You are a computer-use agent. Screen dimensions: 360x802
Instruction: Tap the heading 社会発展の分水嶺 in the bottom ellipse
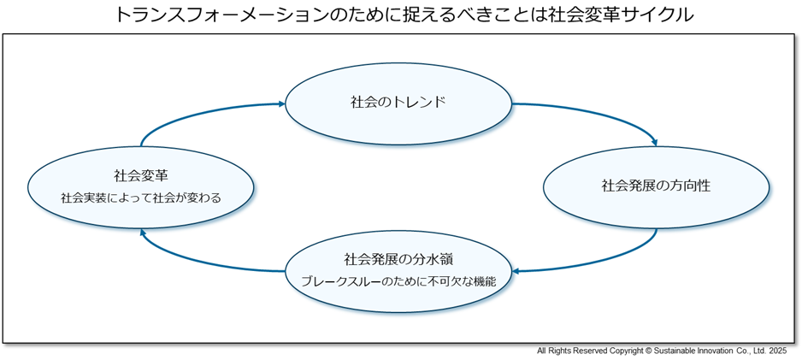[x=398, y=258]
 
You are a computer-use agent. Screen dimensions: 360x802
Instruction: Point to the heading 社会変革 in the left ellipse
[x=141, y=176]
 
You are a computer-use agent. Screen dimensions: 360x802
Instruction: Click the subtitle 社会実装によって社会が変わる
[x=141, y=198]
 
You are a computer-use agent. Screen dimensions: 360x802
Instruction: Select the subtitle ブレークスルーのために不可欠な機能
[x=398, y=280]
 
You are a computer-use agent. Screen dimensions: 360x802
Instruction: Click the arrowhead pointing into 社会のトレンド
[x=280, y=104]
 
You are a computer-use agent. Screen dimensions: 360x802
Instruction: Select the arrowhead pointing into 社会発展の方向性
[x=654, y=144]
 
